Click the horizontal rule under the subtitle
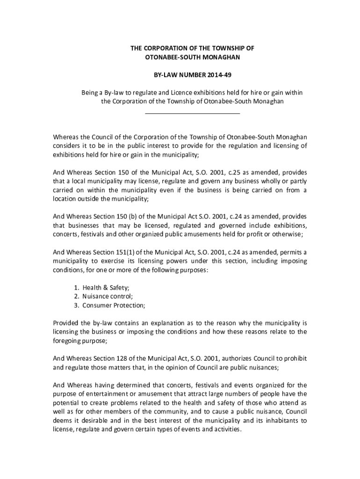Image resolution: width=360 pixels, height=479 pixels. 192,113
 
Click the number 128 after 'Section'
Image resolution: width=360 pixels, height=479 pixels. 122,359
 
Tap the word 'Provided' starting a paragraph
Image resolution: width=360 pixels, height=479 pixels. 65,323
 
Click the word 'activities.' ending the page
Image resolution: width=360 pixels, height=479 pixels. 226,429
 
